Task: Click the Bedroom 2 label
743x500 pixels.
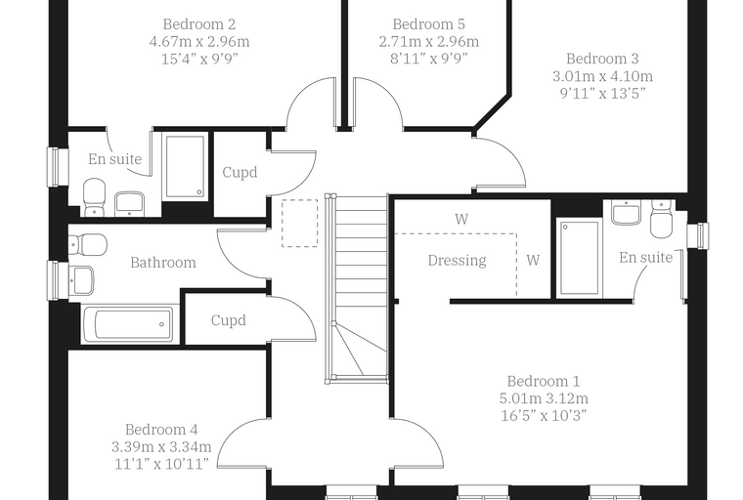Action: [x=199, y=24]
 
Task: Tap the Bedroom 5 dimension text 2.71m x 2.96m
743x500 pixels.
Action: [x=429, y=42]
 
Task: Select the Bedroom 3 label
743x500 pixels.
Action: [x=602, y=59]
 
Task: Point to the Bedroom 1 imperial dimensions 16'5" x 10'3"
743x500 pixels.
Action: [x=544, y=416]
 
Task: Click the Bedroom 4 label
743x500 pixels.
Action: [x=161, y=430]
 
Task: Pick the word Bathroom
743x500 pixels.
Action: [x=163, y=263]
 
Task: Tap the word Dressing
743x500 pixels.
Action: [x=457, y=261]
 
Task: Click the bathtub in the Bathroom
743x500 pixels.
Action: [x=129, y=324]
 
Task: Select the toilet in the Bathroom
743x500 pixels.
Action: [x=88, y=244]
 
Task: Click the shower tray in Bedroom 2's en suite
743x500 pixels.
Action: [x=186, y=166]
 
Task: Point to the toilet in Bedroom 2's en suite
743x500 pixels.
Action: [x=94, y=197]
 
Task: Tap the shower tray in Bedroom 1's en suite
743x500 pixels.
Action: [x=578, y=258]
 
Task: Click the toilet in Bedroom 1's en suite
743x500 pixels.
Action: [x=662, y=219]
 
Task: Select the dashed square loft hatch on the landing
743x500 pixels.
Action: [x=300, y=223]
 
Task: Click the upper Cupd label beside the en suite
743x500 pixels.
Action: [x=240, y=172]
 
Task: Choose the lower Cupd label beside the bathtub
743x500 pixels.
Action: [x=229, y=320]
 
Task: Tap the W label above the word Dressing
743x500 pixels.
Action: [x=461, y=219]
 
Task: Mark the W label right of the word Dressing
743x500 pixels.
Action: [x=533, y=260]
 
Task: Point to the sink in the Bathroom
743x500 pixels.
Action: [x=81, y=279]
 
